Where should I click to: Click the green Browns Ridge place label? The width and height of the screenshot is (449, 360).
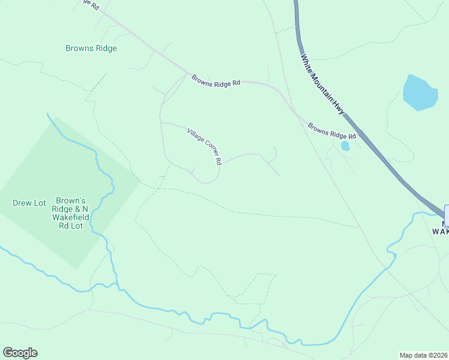pos(92,48)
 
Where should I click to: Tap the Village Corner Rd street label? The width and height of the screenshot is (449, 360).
pos(205,146)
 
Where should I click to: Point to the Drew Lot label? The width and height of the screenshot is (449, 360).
pos(29,203)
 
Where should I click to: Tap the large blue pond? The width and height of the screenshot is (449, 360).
pos(420,93)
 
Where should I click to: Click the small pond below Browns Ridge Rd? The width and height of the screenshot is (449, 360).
pos(345,146)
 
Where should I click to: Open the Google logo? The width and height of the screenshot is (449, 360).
pos(20,353)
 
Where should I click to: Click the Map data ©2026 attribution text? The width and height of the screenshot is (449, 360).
pos(424,355)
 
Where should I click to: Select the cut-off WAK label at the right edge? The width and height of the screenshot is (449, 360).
pos(440,230)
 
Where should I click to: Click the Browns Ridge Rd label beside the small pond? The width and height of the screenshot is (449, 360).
pos(332,131)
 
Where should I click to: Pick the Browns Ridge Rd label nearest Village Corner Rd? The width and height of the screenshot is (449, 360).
pos(216,80)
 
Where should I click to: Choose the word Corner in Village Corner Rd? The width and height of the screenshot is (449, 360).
pos(206,147)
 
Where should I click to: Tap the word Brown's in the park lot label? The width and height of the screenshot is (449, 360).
pos(71,200)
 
